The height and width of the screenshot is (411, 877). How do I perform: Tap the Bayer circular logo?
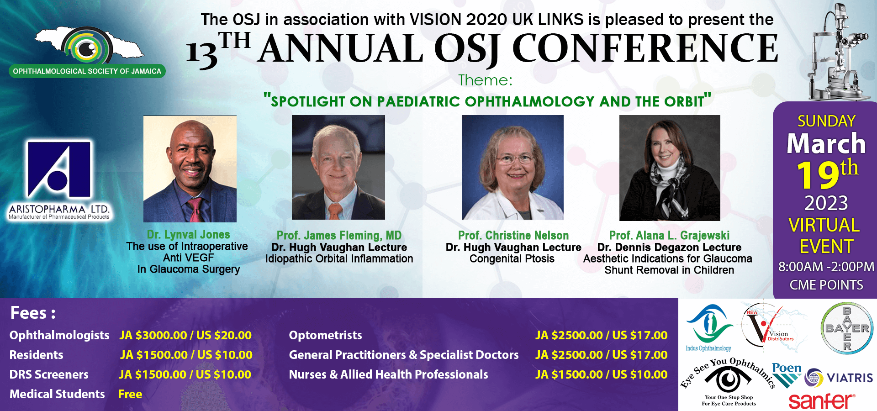pos(847,328)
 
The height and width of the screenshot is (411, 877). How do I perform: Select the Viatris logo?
pos(839,378)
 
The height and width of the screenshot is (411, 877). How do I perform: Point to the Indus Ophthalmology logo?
pos(708,328)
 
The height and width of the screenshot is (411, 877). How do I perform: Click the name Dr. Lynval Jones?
pos(189,235)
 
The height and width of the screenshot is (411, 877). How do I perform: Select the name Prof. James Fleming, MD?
pos(339,236)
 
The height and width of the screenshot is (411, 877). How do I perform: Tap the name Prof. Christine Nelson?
pos(513,236)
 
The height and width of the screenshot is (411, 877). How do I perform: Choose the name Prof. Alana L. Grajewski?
pos(669,236)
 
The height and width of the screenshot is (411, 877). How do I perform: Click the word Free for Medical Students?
pos(130,394)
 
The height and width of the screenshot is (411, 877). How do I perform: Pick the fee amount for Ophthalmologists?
pos(185,335)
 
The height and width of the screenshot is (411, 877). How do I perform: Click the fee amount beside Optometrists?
pos(601,335)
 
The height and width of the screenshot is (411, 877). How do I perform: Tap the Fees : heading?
pos(33,313)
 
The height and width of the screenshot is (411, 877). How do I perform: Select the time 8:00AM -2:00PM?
pos(826,267)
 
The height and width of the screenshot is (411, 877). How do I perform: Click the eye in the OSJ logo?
pos(87,48)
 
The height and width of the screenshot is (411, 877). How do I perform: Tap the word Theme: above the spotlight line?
pos(486,80)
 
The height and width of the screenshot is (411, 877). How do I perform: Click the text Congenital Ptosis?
pos(512,259)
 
